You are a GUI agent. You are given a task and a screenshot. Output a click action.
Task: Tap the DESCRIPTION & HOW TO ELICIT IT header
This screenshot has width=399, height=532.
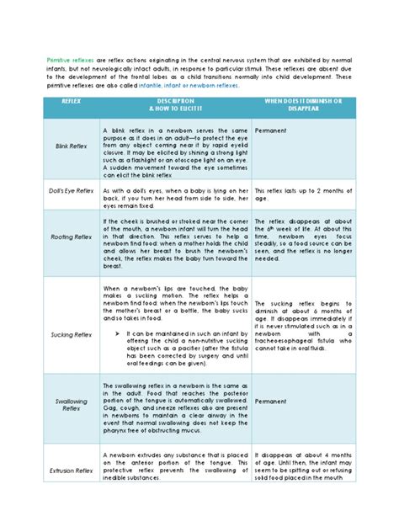175,106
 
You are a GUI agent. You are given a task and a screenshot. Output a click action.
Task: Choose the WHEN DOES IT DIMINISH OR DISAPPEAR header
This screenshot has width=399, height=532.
303,106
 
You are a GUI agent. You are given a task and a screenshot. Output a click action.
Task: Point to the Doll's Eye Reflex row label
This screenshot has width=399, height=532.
72,191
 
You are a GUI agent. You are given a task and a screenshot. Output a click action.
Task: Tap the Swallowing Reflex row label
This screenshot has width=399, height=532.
72,406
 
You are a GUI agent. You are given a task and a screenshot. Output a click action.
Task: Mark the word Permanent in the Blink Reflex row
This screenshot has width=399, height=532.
270,131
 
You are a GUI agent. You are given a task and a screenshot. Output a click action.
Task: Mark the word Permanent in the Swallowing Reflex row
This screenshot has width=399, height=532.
270,402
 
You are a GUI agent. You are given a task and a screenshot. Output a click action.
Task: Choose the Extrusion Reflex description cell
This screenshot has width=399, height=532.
175,465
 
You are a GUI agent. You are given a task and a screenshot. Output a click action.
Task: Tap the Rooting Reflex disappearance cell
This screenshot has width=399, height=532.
303,238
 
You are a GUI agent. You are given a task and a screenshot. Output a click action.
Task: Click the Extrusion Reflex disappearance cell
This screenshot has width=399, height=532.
303,465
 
